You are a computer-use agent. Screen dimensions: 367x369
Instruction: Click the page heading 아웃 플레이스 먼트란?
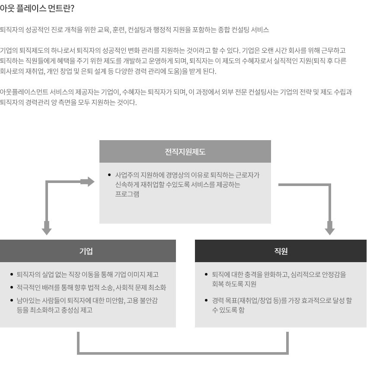[x=37, y=9]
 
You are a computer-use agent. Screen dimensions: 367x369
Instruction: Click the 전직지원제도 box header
[x=185, y=151]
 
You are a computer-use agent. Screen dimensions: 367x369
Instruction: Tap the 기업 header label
[x=86, y=251]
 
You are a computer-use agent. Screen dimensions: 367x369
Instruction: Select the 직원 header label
[x=281, y=251]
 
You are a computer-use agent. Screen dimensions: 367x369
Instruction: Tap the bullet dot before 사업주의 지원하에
[x=109, y=175]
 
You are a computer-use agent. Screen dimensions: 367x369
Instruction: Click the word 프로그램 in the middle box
[x=127, y=194]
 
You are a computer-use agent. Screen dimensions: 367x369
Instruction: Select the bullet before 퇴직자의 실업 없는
[x=12, y=274]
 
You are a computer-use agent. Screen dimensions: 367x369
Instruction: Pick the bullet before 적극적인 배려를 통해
[x=12, y=287]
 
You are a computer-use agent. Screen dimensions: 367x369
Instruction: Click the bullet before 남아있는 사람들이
[x=12, y=300]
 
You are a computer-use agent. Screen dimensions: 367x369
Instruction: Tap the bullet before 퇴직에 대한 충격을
[x=206, y=274]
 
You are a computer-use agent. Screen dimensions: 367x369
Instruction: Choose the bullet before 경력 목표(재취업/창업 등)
[x=206, y=300]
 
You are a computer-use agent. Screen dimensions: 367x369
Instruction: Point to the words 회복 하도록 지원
[x=234, y=284]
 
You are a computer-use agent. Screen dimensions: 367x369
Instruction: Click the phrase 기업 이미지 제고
[x=136, y=274]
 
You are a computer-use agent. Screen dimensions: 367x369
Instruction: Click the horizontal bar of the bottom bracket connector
[x=183, y=353]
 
